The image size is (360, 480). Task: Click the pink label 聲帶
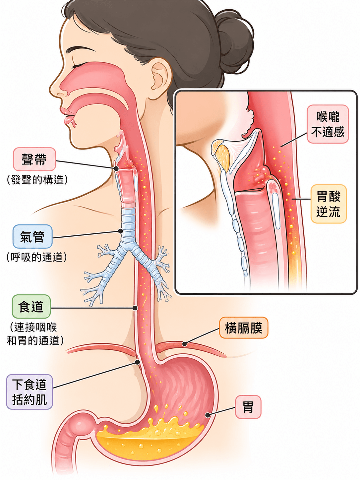(34, 159)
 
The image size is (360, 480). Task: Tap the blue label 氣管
(32, 236)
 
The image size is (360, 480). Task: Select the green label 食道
(31, 306)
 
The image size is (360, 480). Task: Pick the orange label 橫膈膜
(244, 328)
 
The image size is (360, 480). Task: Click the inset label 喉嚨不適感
(328, 124)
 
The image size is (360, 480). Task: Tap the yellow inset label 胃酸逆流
(329, 204)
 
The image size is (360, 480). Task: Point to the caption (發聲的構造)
(37, 180)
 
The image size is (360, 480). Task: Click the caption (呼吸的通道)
(36, 257)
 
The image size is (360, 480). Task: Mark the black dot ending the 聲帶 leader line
(116, 169)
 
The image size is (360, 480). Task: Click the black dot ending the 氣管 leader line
(120, 231)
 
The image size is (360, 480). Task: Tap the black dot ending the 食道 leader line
(135, 308)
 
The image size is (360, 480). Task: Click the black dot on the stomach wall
(208, 415)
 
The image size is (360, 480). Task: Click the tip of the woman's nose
(51, 91)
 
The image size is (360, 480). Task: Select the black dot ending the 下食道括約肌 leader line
(137, 362)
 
